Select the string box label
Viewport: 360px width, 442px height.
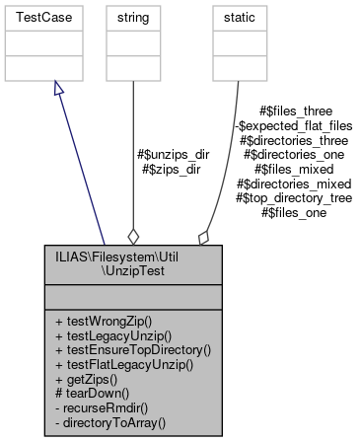tap(132, 18)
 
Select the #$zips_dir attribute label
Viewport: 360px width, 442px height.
tap(174, 169)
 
